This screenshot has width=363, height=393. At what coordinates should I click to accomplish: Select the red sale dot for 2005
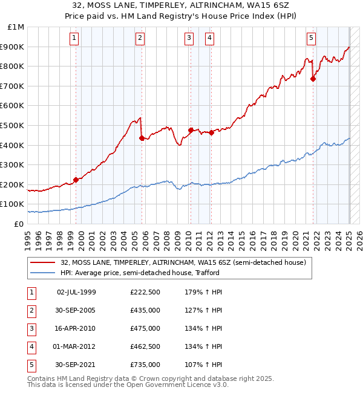click(142, 138)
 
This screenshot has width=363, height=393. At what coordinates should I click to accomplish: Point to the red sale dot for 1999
click(76, 180)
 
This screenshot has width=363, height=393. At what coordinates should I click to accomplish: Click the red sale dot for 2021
click(313, 79)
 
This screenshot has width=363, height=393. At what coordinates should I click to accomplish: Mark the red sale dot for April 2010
click(191, 130)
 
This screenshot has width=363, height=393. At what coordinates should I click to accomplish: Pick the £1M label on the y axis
click(16, 27)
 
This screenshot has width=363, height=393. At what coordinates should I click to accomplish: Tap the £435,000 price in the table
click(145, 311)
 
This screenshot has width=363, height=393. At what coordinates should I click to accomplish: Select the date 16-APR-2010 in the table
click(76, 329)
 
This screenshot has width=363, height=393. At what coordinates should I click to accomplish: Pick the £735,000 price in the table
click(145, 365)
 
